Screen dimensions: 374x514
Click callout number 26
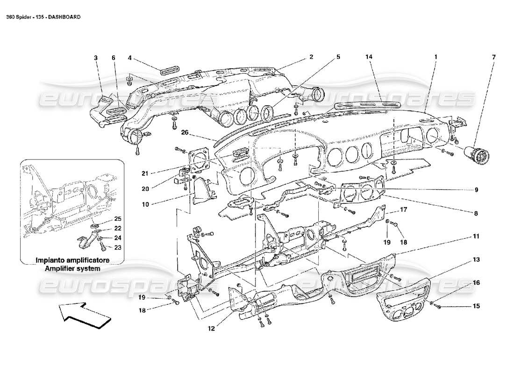tap(185, 132)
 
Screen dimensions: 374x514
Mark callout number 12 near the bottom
tap(211, 328)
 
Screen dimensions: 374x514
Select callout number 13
tap(476, 259)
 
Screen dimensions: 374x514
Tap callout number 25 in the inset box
tap(118, 219)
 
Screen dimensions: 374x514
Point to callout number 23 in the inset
tap(118, 248)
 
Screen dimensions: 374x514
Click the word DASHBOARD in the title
tap(64, 16)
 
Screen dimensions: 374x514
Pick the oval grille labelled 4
tap(167, 72)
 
